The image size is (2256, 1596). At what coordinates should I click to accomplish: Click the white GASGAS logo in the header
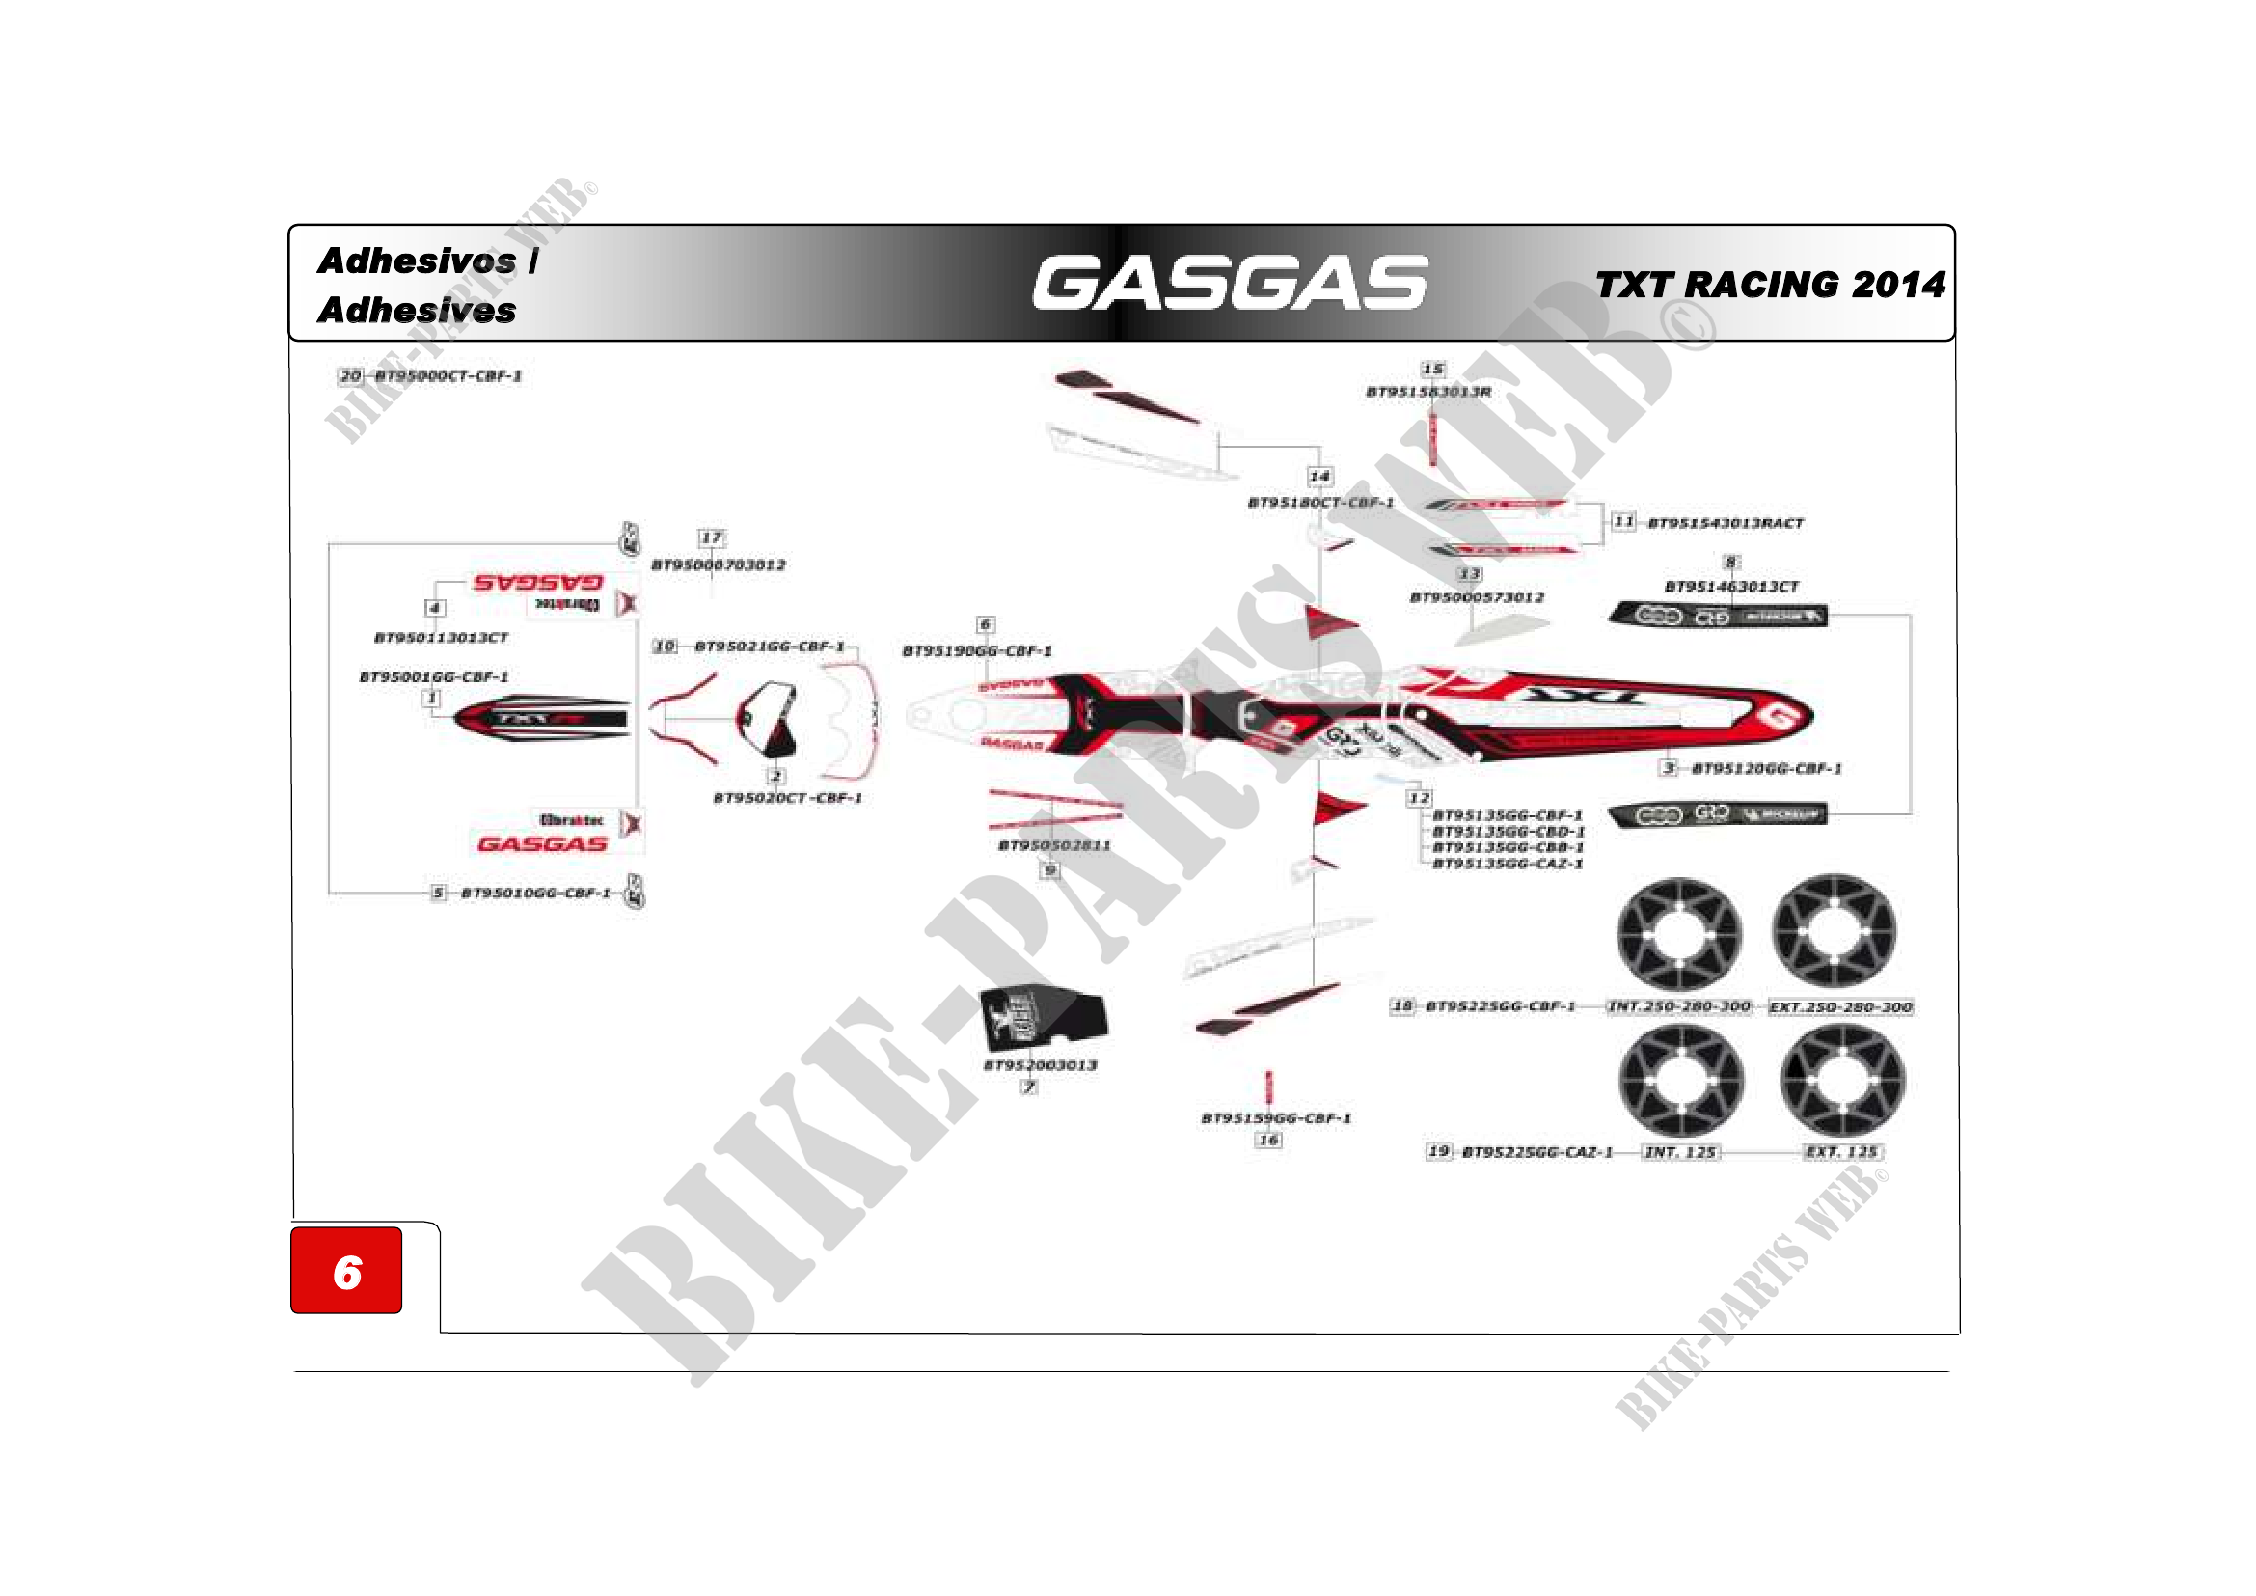(1229, 283)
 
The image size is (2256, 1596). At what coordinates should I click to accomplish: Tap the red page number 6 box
(346, 1271)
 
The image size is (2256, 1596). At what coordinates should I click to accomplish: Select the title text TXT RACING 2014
(1770, 285)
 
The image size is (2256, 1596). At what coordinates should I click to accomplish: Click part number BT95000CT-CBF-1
(448, 376)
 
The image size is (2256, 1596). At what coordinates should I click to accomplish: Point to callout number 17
(712, 537)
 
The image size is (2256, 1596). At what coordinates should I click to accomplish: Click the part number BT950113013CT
(441, 638)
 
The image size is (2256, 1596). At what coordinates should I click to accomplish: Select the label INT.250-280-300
(1679, 1006)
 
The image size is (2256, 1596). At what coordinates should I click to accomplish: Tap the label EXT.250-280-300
(1840, 1007)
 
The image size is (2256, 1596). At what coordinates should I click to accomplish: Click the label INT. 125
(1680, 1152)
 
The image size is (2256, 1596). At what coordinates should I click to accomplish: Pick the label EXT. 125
(1841, 1152)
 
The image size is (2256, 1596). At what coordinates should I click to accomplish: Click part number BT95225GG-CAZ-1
(1536, 1152)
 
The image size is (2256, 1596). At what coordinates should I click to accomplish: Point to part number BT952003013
(1041, 1065)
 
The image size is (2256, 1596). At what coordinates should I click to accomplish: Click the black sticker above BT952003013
(1043, 1017)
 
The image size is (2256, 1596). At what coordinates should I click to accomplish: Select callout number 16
(1268, 1140)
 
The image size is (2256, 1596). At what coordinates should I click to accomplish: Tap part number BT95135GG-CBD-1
(1509, 832)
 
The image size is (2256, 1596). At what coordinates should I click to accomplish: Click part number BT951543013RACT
(1726, 523)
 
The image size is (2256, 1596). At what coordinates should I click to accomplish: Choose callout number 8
(1731, 563)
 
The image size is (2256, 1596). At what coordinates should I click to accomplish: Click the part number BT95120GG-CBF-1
(1767, 768)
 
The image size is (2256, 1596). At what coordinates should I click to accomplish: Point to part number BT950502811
(1054, 845)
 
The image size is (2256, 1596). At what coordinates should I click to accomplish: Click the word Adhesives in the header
(417, 311)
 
